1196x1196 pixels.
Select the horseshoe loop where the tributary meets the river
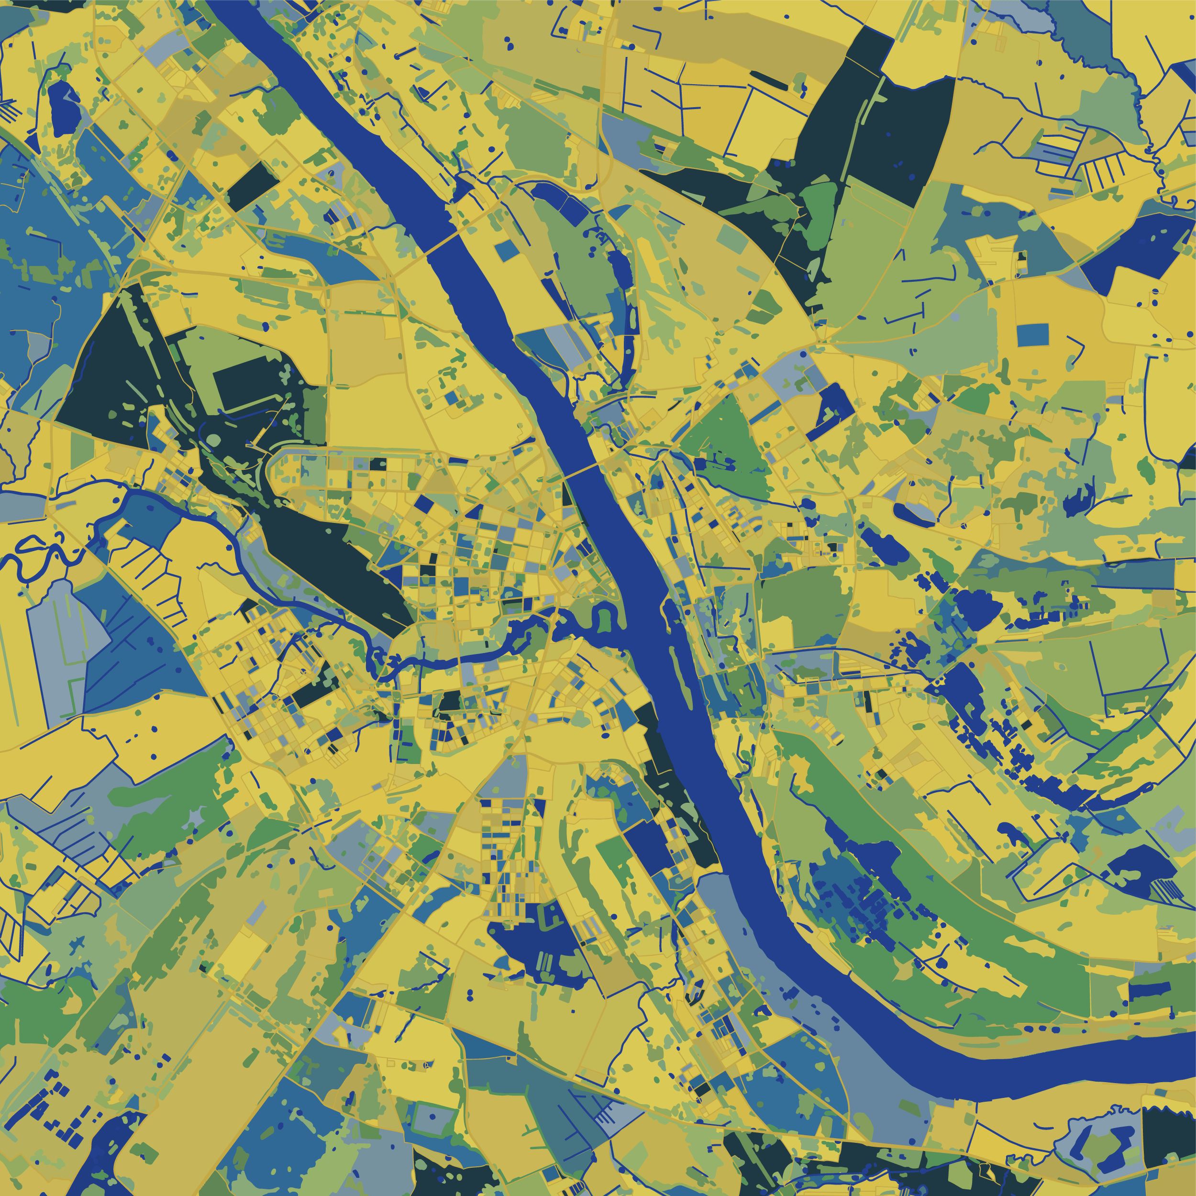coord(604,619)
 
